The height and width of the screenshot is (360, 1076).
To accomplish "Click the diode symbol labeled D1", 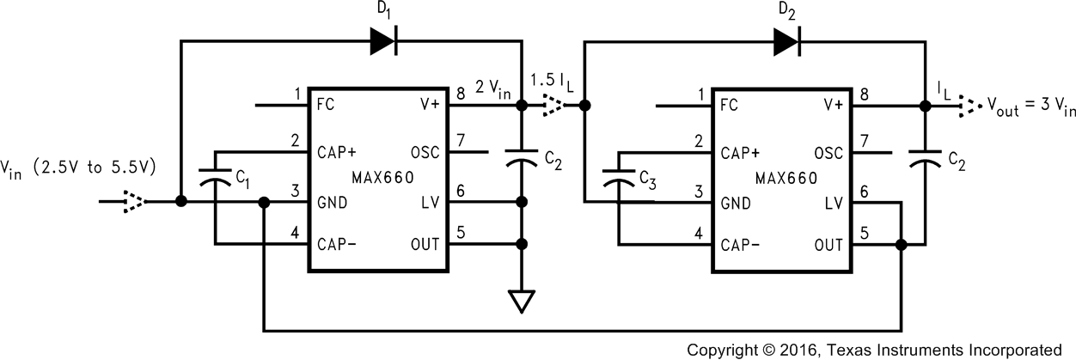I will [382, 41].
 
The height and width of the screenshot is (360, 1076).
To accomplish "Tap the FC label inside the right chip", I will [729, 107].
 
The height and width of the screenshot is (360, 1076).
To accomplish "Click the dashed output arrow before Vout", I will [968, 107].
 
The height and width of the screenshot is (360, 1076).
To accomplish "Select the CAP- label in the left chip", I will [336, 245].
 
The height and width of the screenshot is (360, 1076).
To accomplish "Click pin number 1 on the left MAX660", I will [297, 94].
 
